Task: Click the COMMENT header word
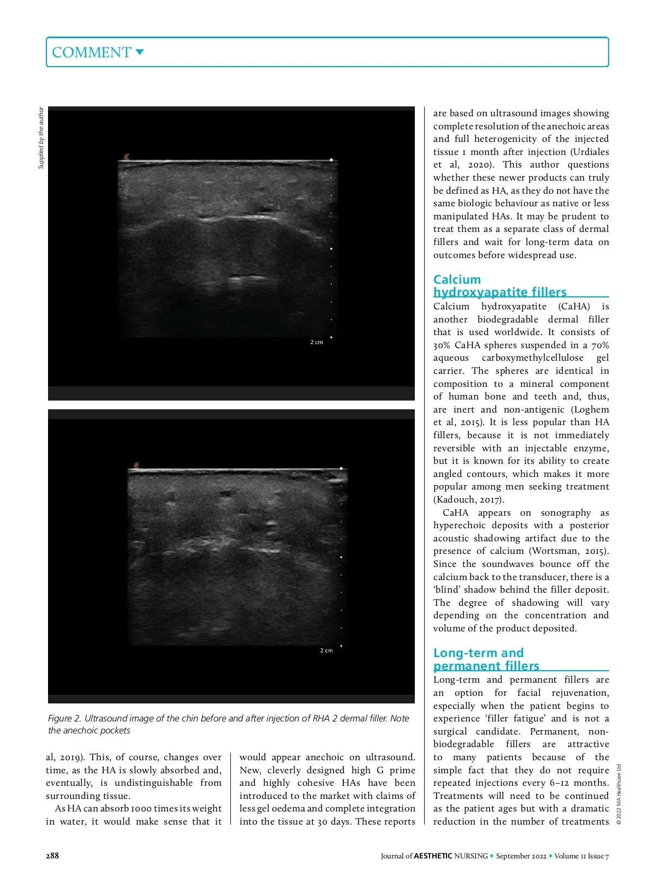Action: point(91,52)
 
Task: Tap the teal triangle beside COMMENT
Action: point(140,52)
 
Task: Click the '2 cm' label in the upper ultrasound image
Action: point(317,342)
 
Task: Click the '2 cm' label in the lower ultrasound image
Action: point(326,651)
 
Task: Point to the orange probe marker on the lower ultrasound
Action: point(136,466)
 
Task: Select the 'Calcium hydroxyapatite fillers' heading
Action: point(499,286)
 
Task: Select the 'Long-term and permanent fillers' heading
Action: point(486,659)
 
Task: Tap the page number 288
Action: point(52,856)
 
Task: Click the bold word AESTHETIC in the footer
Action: point(433,856)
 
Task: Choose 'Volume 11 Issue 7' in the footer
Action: point(581,856)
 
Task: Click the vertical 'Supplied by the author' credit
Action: point(41,138)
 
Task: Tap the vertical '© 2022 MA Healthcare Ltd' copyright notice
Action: point(619,795)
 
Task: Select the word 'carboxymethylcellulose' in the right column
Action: point(533,358)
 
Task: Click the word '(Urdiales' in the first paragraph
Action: point(587,152)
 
